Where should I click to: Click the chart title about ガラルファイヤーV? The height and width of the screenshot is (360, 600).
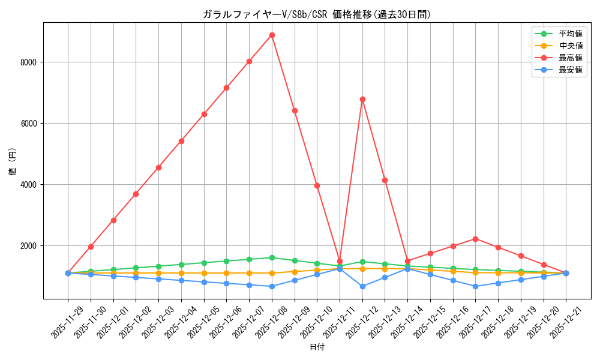click(x=317, y=14)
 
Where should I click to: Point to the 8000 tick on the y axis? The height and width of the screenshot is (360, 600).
click(x=29, y=62)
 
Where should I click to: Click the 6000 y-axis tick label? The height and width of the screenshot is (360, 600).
click(x=29, y=123)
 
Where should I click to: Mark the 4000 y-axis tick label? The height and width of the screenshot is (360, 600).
click(x=29, y=184)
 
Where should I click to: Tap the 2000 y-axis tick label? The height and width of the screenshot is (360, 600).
click(x=29, y=245)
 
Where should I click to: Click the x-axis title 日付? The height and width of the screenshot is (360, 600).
click(x=317, y=347)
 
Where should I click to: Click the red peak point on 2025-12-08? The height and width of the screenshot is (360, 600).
click(x=272, y=35)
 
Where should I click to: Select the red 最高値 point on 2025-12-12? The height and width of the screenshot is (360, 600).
click(x=362, y=99)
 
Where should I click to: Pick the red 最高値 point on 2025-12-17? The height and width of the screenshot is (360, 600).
click(x=475, y=239)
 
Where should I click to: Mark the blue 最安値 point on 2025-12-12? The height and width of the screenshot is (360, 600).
click(x=362, y=286)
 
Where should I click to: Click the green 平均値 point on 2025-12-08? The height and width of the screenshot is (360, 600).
click(x=272, y=257)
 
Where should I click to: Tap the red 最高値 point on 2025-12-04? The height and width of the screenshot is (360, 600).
click(x=181, y=141)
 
